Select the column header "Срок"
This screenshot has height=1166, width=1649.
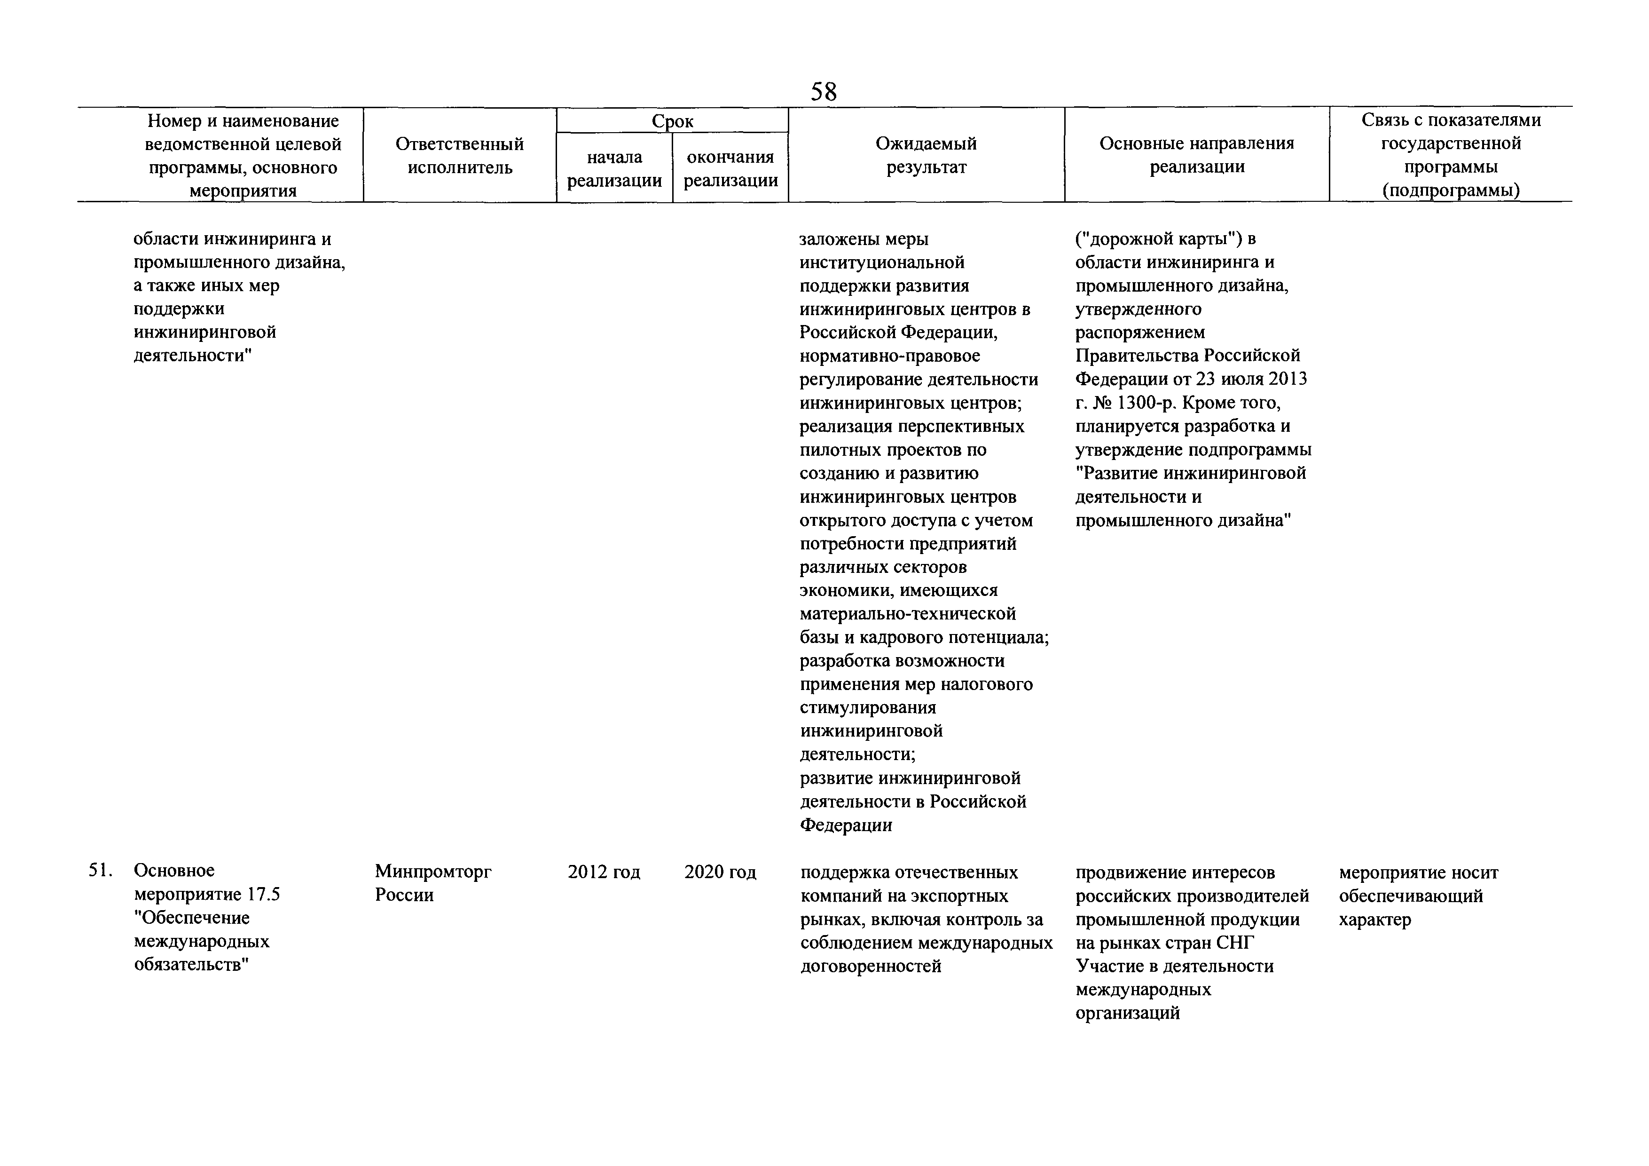pos(672,121)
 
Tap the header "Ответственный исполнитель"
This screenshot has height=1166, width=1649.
pos(460,156)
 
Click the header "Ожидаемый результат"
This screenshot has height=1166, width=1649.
pos(926,155)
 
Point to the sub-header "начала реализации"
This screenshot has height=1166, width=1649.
pos(614,169)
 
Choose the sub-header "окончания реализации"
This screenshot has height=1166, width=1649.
pos(730,169)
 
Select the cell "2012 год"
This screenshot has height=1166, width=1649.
pos(603,872)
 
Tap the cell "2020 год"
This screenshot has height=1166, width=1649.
pos(720,872)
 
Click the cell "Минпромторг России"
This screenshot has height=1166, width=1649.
pos(433,883)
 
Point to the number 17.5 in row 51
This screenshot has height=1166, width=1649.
pos(264,895)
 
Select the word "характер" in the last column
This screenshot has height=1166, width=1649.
pos(1374,920)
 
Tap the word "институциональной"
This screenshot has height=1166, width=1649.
pos(882,262)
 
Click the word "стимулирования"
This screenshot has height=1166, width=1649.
pos(868,708)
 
